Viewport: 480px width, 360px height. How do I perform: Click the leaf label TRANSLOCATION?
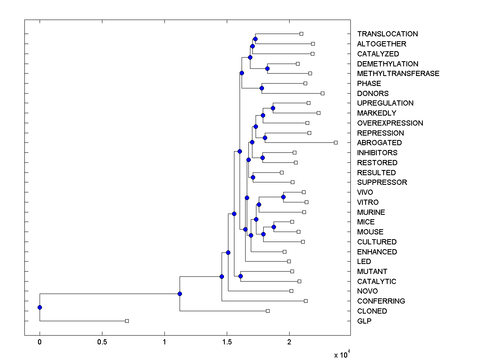[387, 34]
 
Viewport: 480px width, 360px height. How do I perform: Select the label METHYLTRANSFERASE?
[398, 74]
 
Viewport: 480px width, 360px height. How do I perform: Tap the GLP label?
[364, 321]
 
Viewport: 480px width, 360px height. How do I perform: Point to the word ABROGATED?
[379, 143]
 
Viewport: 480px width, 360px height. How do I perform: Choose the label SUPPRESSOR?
[382, 182]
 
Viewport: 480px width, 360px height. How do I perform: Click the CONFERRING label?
[381, 301]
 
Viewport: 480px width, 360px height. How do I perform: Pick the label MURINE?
[371, 212]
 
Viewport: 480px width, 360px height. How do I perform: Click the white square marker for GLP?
[127, 321]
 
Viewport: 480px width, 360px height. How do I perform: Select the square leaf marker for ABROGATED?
[336, 142]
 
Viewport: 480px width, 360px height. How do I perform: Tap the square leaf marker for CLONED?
[268, 311]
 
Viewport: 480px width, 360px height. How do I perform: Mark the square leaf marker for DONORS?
[322, 93]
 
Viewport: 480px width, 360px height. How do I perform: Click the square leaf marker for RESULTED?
[282, 172]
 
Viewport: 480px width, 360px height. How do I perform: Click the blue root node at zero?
[40, 307]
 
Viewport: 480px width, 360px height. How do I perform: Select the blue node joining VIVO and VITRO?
[283, 197]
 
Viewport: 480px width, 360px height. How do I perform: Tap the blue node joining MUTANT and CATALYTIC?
[240, 276]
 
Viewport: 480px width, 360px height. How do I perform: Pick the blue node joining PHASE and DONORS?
[262, 88]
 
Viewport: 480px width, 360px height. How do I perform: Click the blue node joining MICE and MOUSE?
[274, 227]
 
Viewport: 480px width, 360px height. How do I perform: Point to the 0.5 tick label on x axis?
[102, 342]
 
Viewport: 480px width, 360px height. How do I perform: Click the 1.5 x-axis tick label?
[227, 342]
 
